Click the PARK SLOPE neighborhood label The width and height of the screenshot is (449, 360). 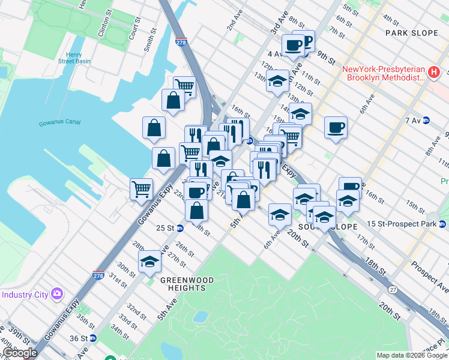[412, 32]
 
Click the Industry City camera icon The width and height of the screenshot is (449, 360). [57, 294]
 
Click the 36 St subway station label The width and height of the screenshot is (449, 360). [79, 338]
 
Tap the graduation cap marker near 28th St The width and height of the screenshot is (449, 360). [149, 262]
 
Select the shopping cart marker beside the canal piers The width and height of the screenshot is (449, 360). [141, 188]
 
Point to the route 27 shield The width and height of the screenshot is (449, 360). [393, 289]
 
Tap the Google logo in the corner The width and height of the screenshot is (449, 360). [20, 353]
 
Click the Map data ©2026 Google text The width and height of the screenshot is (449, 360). [412, 355]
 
